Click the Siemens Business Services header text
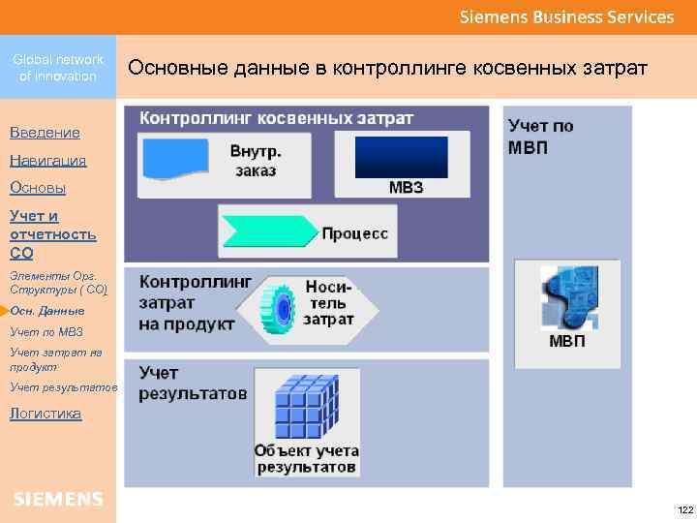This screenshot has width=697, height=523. click(x=566, y=16)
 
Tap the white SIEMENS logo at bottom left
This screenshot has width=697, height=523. click(x=58, y=499)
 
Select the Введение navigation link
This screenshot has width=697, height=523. click(x=45, y=133)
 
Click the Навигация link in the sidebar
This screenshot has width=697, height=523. click(x=47, y=161)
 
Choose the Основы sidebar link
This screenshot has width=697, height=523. click(x=38, y=188)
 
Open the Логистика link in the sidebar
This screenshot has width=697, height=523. click(x=45, y=414)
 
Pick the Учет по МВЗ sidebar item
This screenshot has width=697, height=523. click(x=46, y=332)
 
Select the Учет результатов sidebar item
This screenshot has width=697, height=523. click(x=63, y=387)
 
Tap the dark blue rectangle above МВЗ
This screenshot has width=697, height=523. click(x=402, y=157)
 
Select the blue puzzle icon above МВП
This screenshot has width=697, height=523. click(x=567, y=297)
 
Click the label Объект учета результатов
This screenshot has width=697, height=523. click(x=306, y=459)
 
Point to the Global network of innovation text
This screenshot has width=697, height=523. click(x=58, y=68)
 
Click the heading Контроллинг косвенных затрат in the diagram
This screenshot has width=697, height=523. click(x=277, y=118)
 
